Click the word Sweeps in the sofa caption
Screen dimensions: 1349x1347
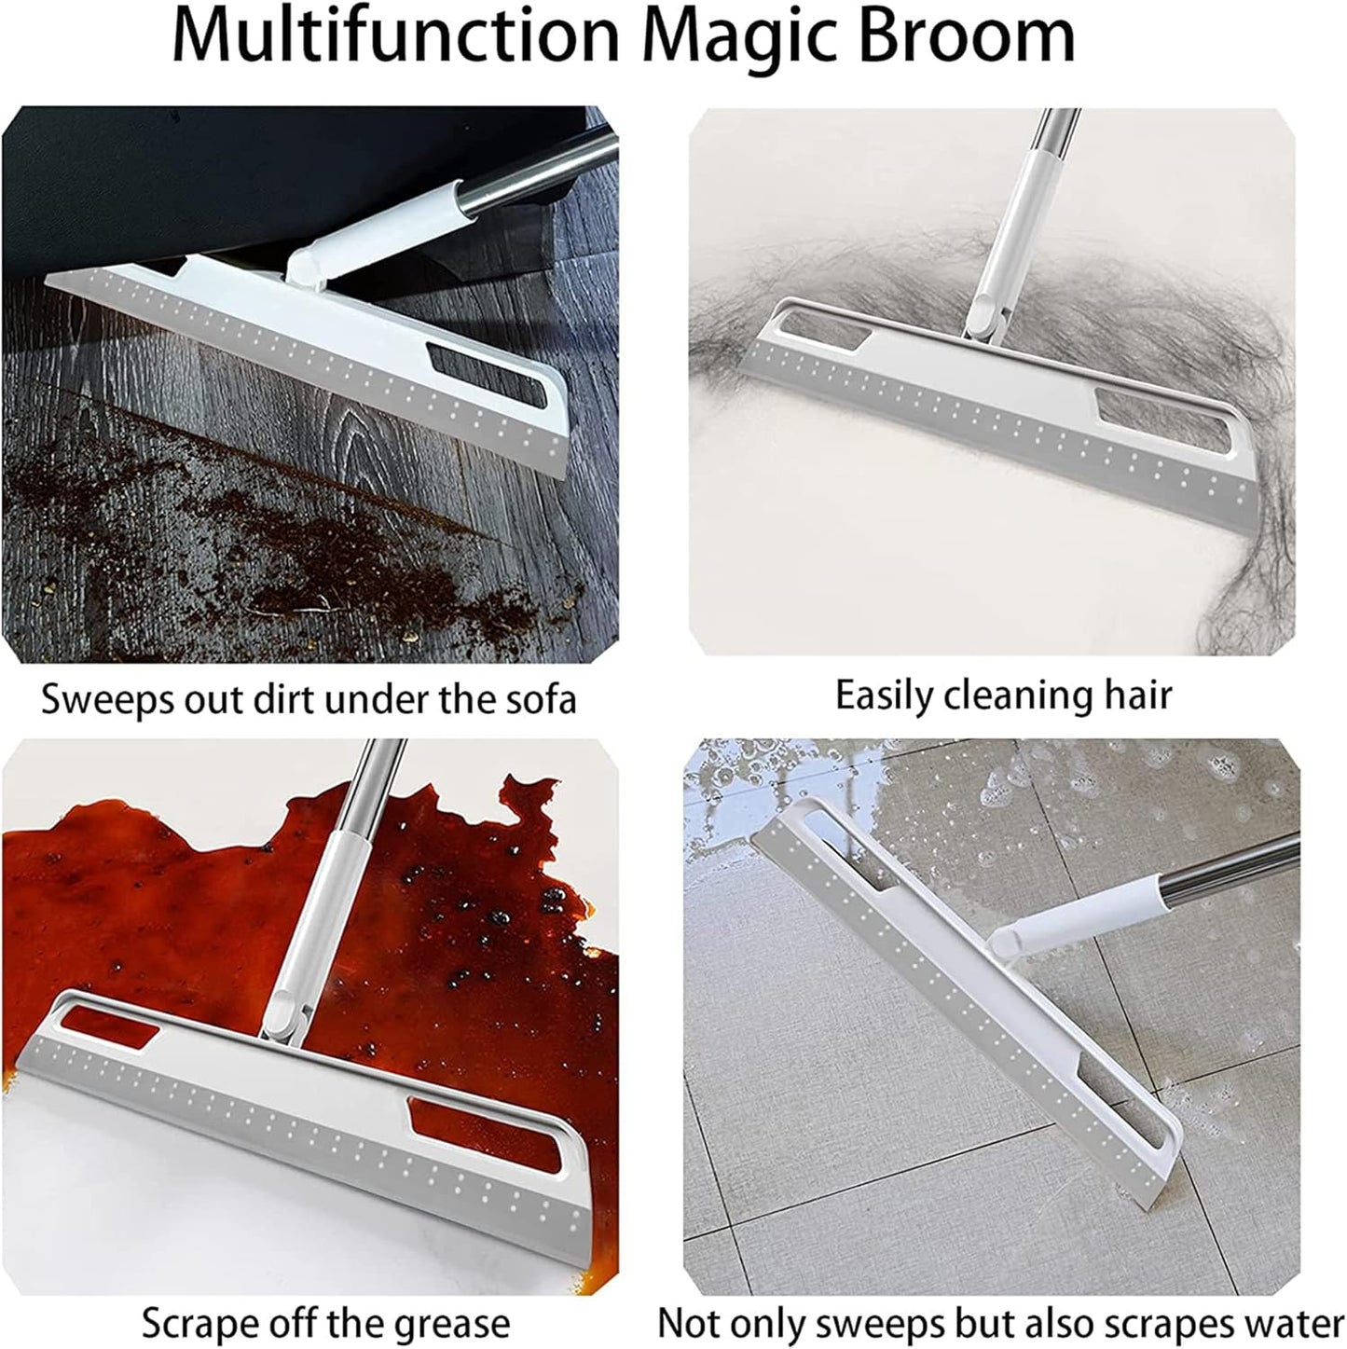pos(104,699)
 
